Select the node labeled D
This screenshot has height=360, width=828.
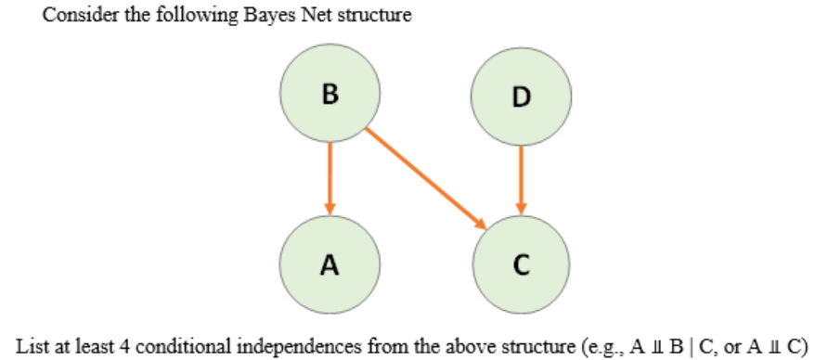coord(520,96)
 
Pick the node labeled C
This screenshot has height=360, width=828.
coord(520,264)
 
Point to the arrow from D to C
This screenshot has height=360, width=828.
coord(520,179)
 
